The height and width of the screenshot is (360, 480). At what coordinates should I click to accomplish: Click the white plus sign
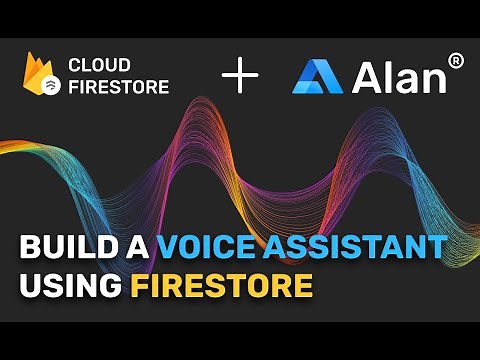point(239,76)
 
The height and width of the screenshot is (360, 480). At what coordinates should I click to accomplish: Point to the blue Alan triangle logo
point(317,76)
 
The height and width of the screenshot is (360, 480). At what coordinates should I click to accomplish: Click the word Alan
point(399,76)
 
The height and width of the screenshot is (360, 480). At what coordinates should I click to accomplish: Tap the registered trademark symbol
point(455,61)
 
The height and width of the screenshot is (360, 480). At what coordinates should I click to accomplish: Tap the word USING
point(68,287)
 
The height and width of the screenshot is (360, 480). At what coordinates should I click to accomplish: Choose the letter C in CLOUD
point(74,64)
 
